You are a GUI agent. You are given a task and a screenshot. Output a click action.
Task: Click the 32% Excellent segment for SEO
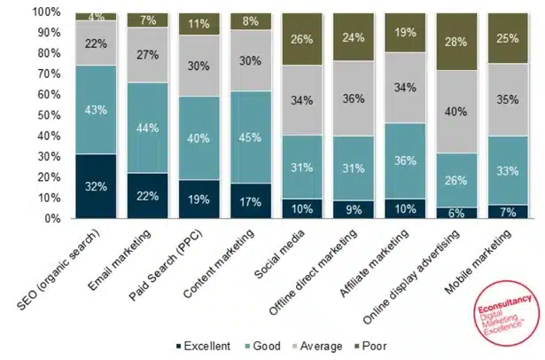click(x=95, y=186)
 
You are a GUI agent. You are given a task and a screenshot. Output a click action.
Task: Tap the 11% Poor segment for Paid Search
click(x=199, y=24)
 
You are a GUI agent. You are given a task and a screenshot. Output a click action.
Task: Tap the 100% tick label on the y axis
click(x=47, y=13)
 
